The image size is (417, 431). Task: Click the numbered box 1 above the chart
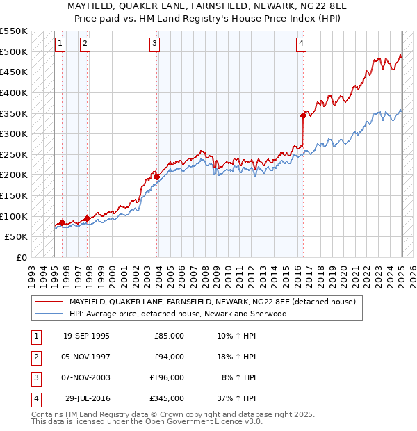pyautogui.click(x=60, y=44)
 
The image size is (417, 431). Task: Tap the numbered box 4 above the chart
pyautogui.click(x=301, y=44)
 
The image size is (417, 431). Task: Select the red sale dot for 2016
pyautogui.click(x=303, y=115)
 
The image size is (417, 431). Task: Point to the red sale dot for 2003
pyautogui.click(x=157, y=177)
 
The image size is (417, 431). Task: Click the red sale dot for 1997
pyautogui.click(x=87, y=218)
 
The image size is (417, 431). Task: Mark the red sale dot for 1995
pyautogui.click(x=63, y=222)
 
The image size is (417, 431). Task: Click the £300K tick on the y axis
pyautogui.click(x=14, y=133)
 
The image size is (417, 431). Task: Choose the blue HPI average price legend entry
pyautogui.click(x=178, y=314)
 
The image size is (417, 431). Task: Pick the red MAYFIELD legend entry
pyautogui.click(x=213, y=302)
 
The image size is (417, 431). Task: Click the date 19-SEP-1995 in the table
pyautogui.click(x=86, y=336)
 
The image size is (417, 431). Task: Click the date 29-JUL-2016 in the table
pyautogui.click(x=86, y=398)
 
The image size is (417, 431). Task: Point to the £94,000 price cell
pyautogui.click(x=169, y=357)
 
